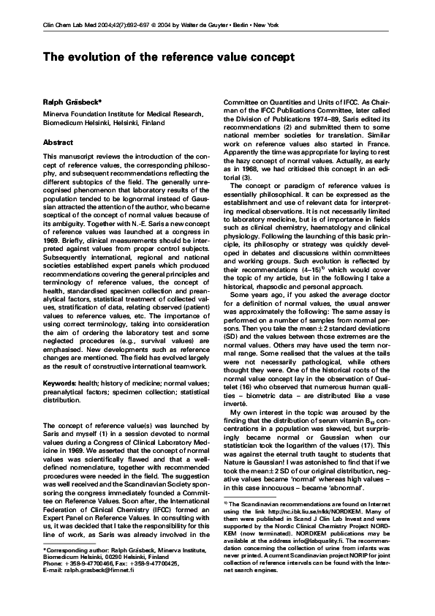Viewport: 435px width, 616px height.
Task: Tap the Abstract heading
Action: [x=58, y=142]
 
